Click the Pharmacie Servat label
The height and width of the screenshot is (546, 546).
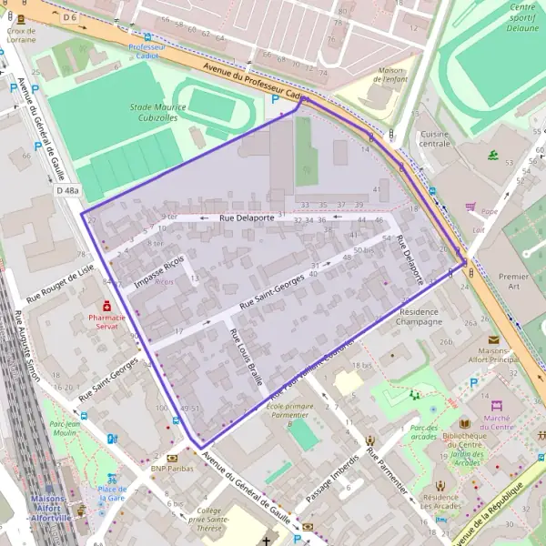tap(108, 321)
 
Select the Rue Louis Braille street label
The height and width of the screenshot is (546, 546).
tap(246, 357)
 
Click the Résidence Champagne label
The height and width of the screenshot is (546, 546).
tap(418, 316)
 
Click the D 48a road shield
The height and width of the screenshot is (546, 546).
tap(67, 191)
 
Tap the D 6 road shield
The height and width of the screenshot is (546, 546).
tap(71, 16)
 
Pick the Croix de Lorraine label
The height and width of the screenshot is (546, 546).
tap(21, 35)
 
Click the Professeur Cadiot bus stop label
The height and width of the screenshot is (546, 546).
tap(149, 51)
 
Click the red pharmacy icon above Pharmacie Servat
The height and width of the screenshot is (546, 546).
tap(107, 305)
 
